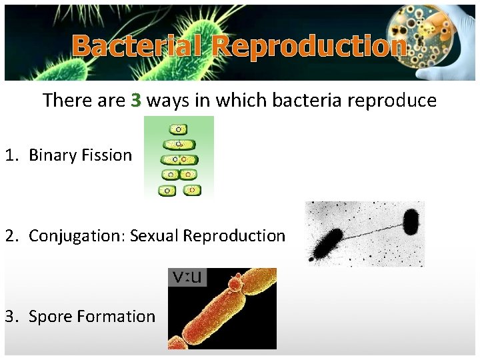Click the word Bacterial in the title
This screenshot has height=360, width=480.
(138, 47)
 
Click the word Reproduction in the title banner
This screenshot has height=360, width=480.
(309, 47)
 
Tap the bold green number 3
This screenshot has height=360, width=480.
(136, 101)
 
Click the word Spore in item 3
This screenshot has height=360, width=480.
(51, 316)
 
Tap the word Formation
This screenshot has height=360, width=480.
(116, 316)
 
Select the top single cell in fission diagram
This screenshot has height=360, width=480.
(178, 129)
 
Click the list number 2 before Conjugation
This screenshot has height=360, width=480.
(10, 236)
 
